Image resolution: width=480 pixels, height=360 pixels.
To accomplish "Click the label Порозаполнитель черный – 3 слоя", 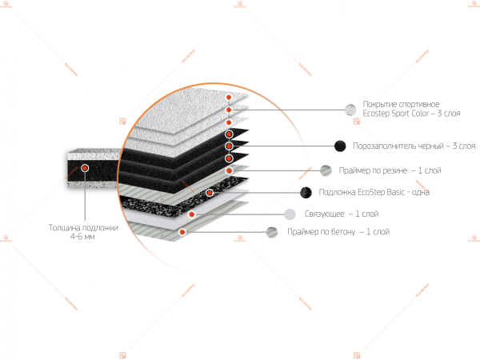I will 415,146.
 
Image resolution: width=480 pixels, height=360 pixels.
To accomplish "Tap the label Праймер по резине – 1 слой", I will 390,170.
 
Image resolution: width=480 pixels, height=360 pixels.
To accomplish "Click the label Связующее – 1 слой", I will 342,214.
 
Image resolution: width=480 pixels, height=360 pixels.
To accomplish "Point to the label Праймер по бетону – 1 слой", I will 338,232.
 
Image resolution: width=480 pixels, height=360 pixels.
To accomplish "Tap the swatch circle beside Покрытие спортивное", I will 350,110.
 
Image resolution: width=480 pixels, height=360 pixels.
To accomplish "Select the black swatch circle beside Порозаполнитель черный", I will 340,146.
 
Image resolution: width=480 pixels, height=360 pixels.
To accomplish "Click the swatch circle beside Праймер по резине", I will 326,170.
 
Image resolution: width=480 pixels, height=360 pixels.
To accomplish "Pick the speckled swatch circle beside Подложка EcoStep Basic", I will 306,192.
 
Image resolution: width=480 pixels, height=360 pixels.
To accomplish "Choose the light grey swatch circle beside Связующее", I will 290,214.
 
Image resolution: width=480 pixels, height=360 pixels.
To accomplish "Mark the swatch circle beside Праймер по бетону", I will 272,232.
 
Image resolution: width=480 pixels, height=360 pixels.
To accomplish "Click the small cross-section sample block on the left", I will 93,170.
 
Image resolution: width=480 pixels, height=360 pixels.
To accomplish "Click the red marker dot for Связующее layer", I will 192,214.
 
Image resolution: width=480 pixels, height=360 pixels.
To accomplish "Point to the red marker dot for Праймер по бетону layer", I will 182,232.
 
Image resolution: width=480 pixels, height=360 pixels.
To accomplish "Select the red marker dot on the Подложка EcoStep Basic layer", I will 210,192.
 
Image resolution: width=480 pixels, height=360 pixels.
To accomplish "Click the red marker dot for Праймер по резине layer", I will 229,170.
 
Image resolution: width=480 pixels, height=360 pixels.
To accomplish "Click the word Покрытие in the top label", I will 378,105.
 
